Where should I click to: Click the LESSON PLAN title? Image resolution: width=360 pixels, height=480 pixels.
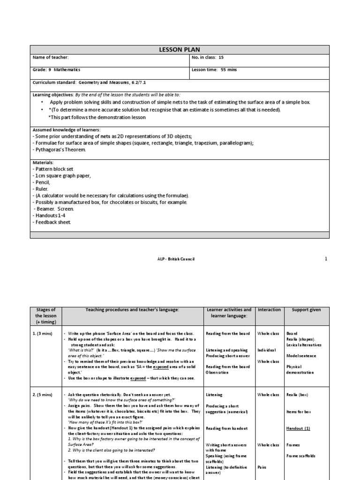pos(180,49)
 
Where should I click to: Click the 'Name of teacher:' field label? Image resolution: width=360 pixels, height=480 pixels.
pos(50,57)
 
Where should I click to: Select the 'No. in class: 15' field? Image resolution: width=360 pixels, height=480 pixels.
pos(208,57)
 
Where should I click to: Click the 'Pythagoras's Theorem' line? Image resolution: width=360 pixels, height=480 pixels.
pos(59,150)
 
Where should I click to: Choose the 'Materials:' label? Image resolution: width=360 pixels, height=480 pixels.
pos(43,162)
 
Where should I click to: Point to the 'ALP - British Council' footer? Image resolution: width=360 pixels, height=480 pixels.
pos(175,259)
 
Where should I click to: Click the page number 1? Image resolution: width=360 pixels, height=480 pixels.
pos(326,259)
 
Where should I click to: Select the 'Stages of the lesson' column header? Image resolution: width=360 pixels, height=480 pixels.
pos(46,316)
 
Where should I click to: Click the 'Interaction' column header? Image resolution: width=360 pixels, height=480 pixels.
pos(269,310)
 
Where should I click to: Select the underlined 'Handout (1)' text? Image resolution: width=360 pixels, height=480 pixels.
pos(298,428)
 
